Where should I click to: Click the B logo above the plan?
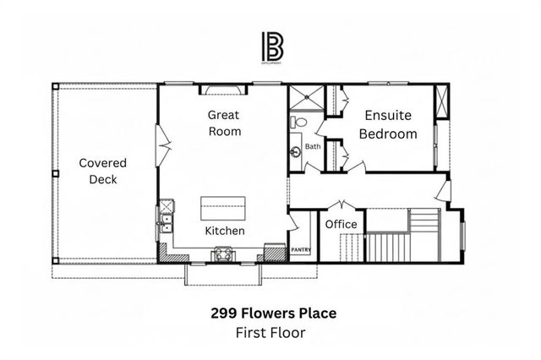tap(270, 47)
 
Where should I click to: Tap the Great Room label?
tap(225, 123)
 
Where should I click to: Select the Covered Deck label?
tap(102, 171)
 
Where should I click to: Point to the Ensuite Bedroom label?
tap(388, 125)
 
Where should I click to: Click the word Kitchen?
tap(225, 231)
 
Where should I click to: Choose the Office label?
tap(342, 224)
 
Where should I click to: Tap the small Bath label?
tap(313, 146)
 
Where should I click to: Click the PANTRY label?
tap(301, 250)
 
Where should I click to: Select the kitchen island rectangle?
tap(223, 207)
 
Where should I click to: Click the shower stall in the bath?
tap(302, 100)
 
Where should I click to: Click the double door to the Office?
tap(342, 205)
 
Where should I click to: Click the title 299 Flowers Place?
tap(273, 314)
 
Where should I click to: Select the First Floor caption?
tap(270, 332)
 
